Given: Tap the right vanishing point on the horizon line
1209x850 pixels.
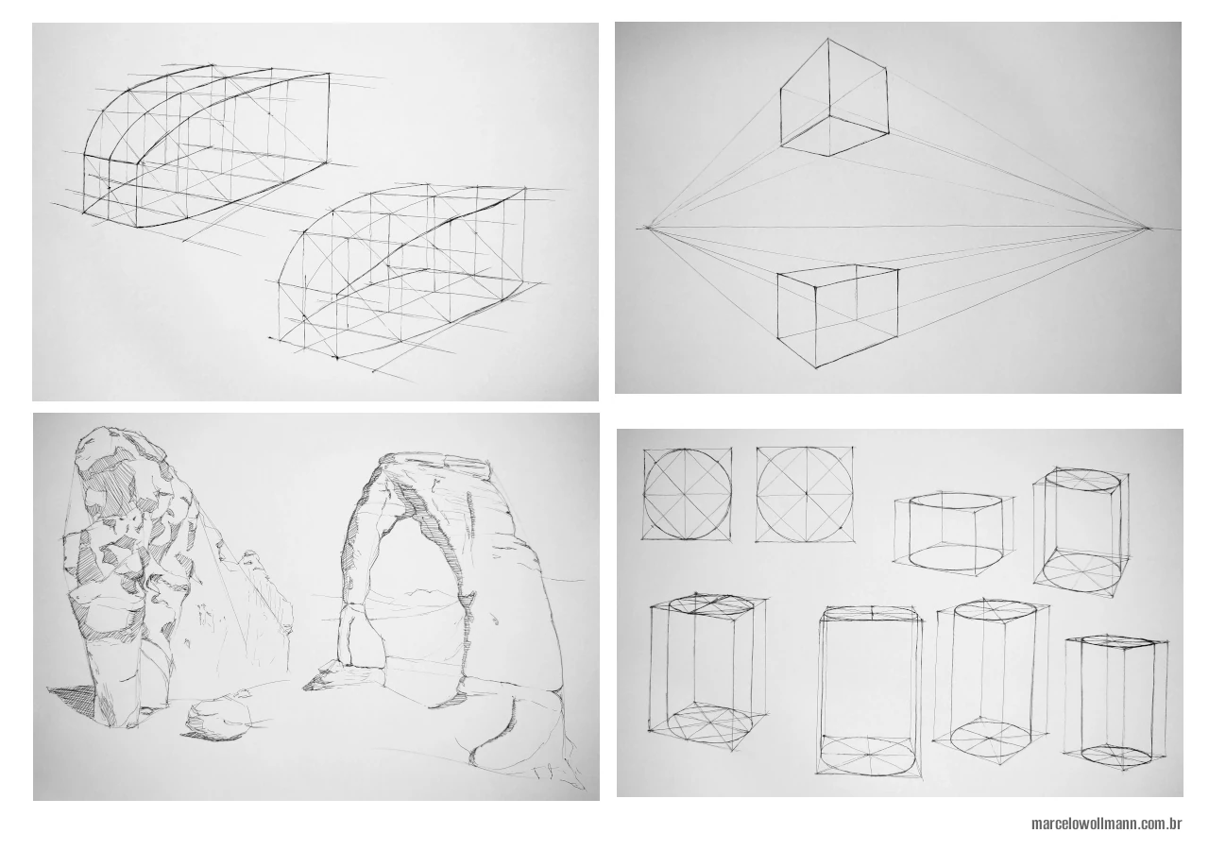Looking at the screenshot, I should pyautogui.click(x=1148, y=228).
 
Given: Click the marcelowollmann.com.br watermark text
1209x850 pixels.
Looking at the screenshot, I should pyautogui.click(x=1107, y=824).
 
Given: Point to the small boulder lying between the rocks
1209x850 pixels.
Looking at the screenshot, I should pyautogui.click(x=218, y=718).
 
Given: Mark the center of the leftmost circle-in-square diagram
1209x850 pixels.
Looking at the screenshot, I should pyautogui.click(x=688, y=493).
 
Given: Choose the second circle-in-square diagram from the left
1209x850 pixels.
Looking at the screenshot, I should pyautogui.click(x=805, y=494).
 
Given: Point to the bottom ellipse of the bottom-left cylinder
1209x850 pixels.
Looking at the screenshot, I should pyautogui.click(x=700, y=722).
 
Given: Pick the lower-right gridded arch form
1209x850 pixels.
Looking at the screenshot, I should pyautogui.click(x=406, y=274).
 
